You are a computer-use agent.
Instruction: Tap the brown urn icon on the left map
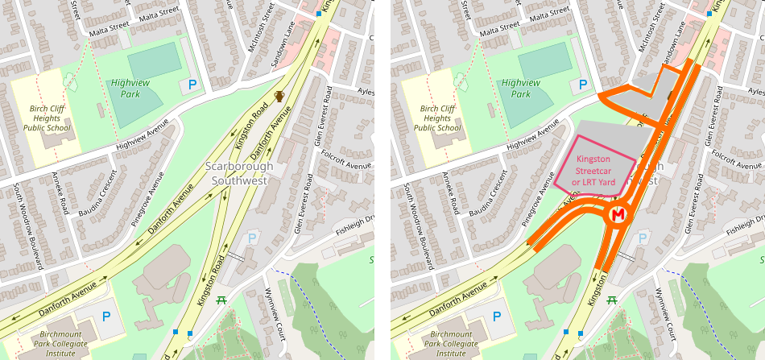(x=279, y=97)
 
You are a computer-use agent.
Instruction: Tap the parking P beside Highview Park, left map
(x=192, y=84)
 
